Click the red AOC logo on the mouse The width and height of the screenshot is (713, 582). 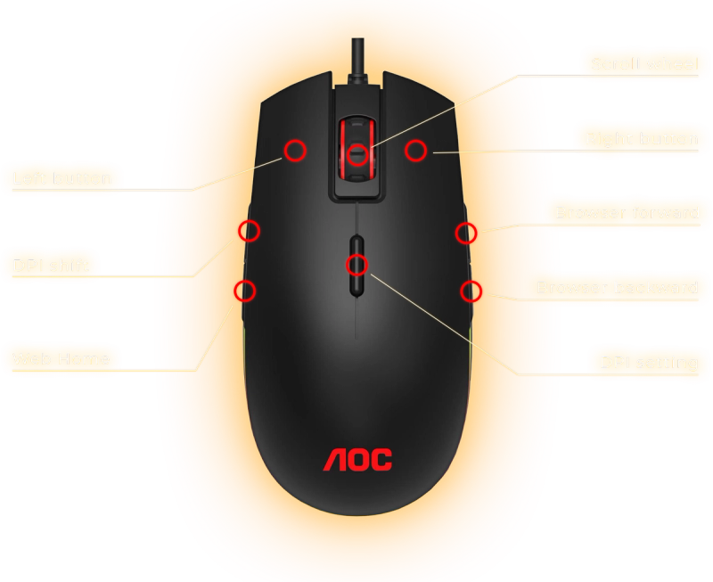point(357,460)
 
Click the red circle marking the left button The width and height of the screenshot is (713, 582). point(295,150)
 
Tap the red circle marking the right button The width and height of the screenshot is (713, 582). point(415,151)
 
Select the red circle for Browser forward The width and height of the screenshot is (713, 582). point(465,234)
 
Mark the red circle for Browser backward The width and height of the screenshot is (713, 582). point(471,291)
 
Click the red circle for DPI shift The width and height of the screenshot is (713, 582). point(250,231)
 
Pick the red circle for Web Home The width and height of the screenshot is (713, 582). point(244,291)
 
